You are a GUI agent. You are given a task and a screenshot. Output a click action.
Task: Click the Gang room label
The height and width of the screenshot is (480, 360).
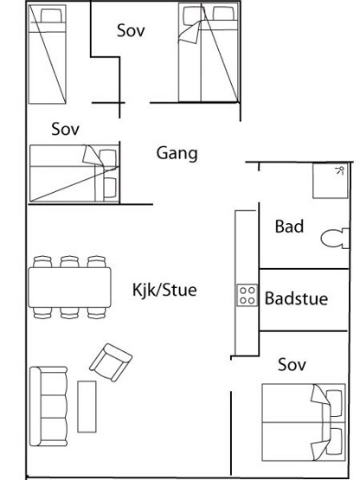pos(177,154)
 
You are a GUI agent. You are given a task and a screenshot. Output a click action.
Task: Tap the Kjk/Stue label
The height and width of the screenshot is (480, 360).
pos(164,290)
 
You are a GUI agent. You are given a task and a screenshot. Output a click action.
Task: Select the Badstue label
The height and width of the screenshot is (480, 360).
pos(296,298)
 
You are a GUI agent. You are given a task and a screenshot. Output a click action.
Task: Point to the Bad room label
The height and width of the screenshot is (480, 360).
pos(289,227)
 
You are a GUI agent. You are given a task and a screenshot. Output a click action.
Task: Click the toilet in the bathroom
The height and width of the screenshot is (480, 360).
pos(335,238)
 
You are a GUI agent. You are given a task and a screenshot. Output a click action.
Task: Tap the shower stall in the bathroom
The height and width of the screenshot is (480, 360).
pos(331,181)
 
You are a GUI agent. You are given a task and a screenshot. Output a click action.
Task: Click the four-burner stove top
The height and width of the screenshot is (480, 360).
pos(247,295)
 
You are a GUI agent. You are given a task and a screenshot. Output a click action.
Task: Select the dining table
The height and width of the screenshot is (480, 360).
pos(69,287)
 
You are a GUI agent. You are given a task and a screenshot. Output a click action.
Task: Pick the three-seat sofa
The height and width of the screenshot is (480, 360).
pos(48,406)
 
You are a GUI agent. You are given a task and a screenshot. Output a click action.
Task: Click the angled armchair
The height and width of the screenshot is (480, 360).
pos(111,362)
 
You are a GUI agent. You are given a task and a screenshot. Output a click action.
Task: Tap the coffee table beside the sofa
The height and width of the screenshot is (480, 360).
pos(87,406)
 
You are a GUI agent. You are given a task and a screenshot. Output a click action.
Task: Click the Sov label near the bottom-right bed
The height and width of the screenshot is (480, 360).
pos(292,365)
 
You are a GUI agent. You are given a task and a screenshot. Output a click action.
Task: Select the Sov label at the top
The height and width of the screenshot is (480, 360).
pos(131,30)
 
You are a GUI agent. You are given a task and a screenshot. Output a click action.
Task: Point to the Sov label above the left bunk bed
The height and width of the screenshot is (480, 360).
pos(65,129)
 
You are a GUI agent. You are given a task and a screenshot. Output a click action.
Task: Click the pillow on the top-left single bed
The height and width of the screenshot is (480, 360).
pos(51,16)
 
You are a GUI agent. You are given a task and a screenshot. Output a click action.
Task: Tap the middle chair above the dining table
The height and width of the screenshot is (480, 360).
pos(69,262)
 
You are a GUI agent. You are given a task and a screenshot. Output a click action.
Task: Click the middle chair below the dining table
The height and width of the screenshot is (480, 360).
pos(69,313)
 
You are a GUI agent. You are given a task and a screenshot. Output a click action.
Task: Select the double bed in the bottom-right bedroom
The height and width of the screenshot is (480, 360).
pos(304,422)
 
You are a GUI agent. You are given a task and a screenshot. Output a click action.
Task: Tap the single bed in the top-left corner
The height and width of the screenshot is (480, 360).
pos(48,54)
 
